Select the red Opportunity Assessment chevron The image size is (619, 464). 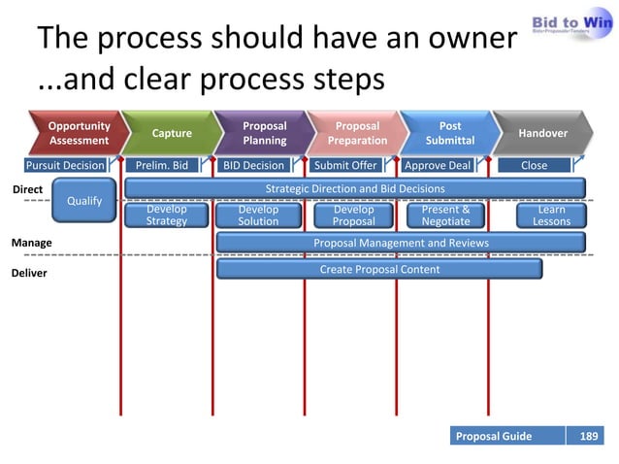tap(78, 133)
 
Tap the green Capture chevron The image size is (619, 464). tap(171, 133)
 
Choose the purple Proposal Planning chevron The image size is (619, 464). tap(264, 133)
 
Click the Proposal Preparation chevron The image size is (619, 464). tap(357, 133)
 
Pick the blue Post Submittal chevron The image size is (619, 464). tap(450, 133)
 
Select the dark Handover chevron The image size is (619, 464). tap(543, 133)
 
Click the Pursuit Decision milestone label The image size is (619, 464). tap(64, 165)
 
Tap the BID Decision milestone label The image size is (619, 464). tap(253, 165)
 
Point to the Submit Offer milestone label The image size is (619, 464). tap(345, 165)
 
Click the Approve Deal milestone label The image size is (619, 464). tap(437, 165)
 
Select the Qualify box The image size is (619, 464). tap(83, 201)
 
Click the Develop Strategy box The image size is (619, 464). tap(166, 215)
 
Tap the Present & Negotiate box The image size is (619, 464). tap(445, 215)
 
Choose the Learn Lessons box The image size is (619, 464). tap(551, 215)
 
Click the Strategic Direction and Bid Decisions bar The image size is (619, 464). tap(355, 187)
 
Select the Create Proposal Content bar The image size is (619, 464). tap(379, 269)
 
